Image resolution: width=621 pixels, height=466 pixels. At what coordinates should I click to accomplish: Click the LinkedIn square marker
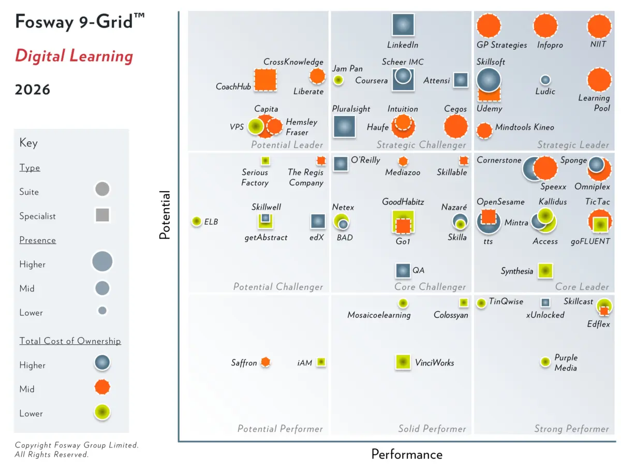(x=403, y=25)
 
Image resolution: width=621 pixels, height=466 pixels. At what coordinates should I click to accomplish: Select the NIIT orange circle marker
(x=599, y=26)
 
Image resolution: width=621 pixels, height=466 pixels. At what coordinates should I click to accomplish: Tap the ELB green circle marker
(x=196, y=222)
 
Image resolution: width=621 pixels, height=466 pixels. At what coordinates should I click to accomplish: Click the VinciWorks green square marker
(x=403, y=362)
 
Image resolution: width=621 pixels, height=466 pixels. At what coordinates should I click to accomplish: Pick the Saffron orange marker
(x=265, y=362)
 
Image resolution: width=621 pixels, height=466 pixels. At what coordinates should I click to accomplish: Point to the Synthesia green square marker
(x=544, y=271)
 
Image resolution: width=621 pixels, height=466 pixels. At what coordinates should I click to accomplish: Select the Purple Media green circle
(x=545, y=362)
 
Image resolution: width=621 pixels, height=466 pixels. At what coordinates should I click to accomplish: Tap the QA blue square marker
(x=403, y=270)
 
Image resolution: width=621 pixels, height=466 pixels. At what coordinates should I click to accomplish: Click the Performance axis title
(x=407, y=455)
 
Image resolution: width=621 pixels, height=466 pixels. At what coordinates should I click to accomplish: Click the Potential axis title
(x=165, y=215)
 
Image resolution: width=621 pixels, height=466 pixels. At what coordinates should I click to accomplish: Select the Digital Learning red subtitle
(x=74, y=56)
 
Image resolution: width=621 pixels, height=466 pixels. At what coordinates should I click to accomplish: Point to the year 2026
(x=33, y=90)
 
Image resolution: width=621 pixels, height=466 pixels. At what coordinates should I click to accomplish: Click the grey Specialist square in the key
(x=102, y=215)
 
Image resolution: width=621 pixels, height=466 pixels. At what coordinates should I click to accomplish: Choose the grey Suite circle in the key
(x=102, y=190)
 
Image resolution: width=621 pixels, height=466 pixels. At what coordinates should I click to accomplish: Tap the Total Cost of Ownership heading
(x=70, y=341)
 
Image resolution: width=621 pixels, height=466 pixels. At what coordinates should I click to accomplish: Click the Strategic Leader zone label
(x=573, y=145)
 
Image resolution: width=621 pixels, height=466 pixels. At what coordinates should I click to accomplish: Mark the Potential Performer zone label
(x=280, y=429)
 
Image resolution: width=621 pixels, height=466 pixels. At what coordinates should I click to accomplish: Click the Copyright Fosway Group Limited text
(x=77, y=445)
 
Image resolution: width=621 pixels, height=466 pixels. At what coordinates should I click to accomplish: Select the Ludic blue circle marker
(x=545, y=80)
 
